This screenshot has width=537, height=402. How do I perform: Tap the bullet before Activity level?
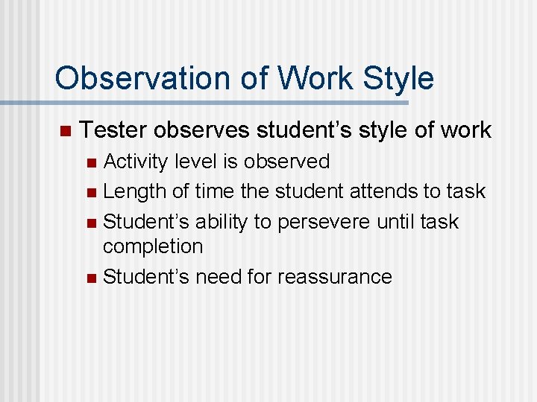91,162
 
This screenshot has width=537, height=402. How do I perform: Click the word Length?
135,191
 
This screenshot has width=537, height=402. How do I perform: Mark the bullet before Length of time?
91,193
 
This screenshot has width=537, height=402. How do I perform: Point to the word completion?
153,246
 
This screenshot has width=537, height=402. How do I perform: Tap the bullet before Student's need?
91,278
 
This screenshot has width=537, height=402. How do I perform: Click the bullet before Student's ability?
91,223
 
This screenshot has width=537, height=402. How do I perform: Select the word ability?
222,222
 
